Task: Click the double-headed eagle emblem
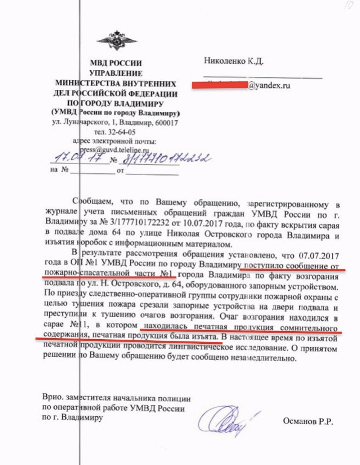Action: pyautogui.click(x=116, y=41)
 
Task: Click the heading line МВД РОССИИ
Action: pyautogui.click(x=116, y=63)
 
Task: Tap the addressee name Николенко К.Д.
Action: pyautogui.click(x=234, y=61)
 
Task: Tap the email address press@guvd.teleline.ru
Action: pyautogui.click(x=114, y=150)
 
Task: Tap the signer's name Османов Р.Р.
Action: pyautogui.click(x=308, y=421)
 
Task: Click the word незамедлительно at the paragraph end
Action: pyautogui.click(x=267, y=359)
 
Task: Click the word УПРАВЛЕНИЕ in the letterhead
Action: pyautogui.click(x=116, y=73)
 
